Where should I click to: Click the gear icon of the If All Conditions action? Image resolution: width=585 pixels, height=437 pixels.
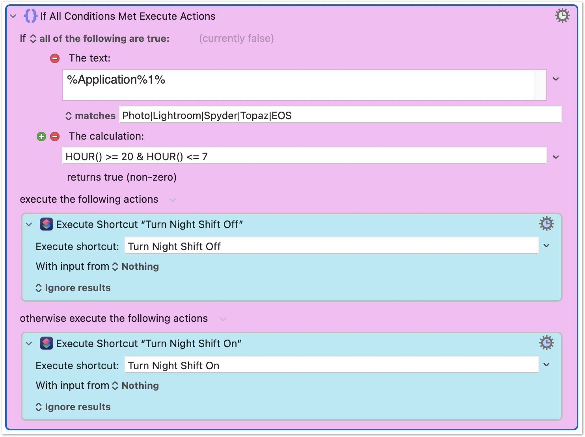click(x=563, y=15)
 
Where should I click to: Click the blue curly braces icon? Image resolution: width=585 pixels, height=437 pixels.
click(x=30, y=16)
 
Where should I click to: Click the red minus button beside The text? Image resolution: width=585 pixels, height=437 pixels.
click(x=55, y=58)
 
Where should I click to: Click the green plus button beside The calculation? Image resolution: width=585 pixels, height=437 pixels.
click(x=41, y=136)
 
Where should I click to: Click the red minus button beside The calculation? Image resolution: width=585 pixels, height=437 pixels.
click(x=55, y=136)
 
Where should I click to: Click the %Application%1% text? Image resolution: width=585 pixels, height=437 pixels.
click(x=116, y=80)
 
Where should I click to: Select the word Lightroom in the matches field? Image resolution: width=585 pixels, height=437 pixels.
click(x=177, y=116)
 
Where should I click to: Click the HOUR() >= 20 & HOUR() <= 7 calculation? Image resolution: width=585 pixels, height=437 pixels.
click(x=136, y=157)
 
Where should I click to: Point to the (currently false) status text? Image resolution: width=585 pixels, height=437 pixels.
click(x=237, y=38)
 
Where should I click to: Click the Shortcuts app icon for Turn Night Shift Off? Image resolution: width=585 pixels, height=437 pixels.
click(x=47, y=224)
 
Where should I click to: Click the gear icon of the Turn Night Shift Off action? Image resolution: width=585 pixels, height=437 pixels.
click(x=547, y=224)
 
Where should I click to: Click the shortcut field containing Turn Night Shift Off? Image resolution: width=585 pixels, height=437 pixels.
click(x=332, y=246)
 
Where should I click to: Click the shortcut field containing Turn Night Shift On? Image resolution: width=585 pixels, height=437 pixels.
click(x=332, y=365)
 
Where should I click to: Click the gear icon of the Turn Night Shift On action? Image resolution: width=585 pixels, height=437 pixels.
click(x=547, y=343)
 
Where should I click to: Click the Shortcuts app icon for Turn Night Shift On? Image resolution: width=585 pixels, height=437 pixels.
click(x=47, y=344)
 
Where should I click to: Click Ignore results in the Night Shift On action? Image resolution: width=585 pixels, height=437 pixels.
click(x=78, y=407)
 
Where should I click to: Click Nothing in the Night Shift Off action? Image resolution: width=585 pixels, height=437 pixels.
click(x=140, y=266)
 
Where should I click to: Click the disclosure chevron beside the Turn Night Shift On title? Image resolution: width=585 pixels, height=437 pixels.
click(x=29, y=344)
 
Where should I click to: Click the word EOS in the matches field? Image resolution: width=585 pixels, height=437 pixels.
click(x=281, y=116)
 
